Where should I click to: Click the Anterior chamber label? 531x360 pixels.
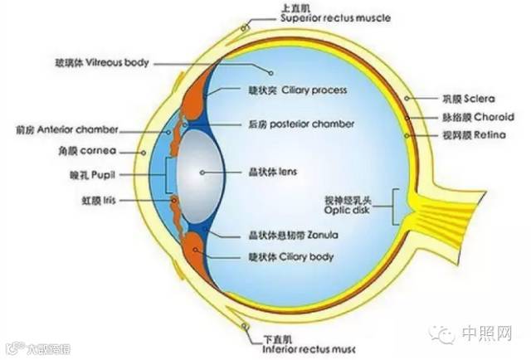point(68,130)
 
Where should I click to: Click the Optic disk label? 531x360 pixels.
point(356,207)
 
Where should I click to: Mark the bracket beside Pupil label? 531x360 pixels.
point(169,175)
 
